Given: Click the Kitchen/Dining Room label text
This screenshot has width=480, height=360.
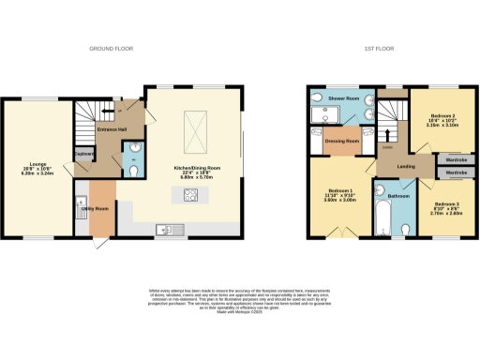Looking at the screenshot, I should coord(195,168).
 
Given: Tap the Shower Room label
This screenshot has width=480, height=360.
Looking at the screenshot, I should coord(342,97).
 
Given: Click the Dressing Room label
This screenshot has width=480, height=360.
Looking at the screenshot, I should coord(342,142).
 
